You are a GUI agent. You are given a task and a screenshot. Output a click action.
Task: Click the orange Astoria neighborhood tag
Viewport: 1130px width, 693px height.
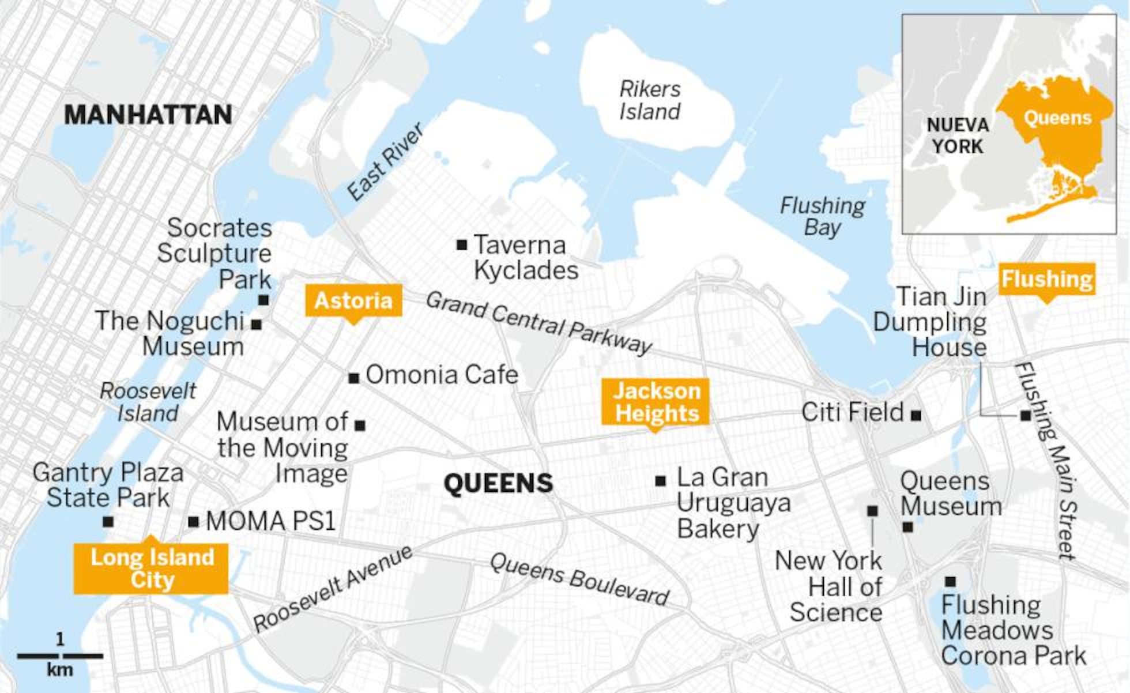(x=353, y=300)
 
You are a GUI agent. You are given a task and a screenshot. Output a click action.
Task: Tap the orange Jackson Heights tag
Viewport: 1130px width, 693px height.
(x=656, y=402)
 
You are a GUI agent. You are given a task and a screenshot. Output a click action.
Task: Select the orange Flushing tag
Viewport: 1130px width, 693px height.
(x=1046, y=280)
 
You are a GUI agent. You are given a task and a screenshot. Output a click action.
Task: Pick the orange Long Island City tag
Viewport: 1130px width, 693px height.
(x=151, y=568)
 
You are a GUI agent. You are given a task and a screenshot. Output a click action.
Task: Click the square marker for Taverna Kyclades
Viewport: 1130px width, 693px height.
(x=461, y=245)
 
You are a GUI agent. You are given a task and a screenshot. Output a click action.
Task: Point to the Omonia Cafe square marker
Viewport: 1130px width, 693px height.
(x=353, y=378)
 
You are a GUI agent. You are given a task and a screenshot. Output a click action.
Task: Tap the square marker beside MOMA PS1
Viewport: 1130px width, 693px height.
(x=193, y=522)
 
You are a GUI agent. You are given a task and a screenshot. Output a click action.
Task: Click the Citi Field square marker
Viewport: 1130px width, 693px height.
(x=916, y=415)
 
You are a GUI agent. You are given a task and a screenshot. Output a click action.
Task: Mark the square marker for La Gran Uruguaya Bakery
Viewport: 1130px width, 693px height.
(x=661, y=480)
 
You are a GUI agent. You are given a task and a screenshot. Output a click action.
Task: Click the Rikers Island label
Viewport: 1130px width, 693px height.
(x=650, y=100)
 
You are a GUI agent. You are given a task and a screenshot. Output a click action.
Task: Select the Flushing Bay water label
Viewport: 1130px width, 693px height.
(x=822, y=216)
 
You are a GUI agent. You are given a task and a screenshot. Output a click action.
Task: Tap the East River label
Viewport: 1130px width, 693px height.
(x=385, y=162)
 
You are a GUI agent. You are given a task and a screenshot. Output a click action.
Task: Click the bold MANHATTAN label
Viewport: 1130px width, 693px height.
(x=148, y=115)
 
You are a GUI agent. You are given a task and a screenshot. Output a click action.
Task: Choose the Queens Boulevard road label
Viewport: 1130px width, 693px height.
(x=579, y=579)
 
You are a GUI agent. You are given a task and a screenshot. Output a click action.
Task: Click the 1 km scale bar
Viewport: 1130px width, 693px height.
(x=60, y=656)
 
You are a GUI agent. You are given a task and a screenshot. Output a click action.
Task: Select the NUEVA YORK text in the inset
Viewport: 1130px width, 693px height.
(x=958, y=135)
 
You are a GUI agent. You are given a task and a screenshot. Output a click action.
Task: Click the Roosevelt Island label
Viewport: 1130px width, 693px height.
(x=148, y=402)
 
